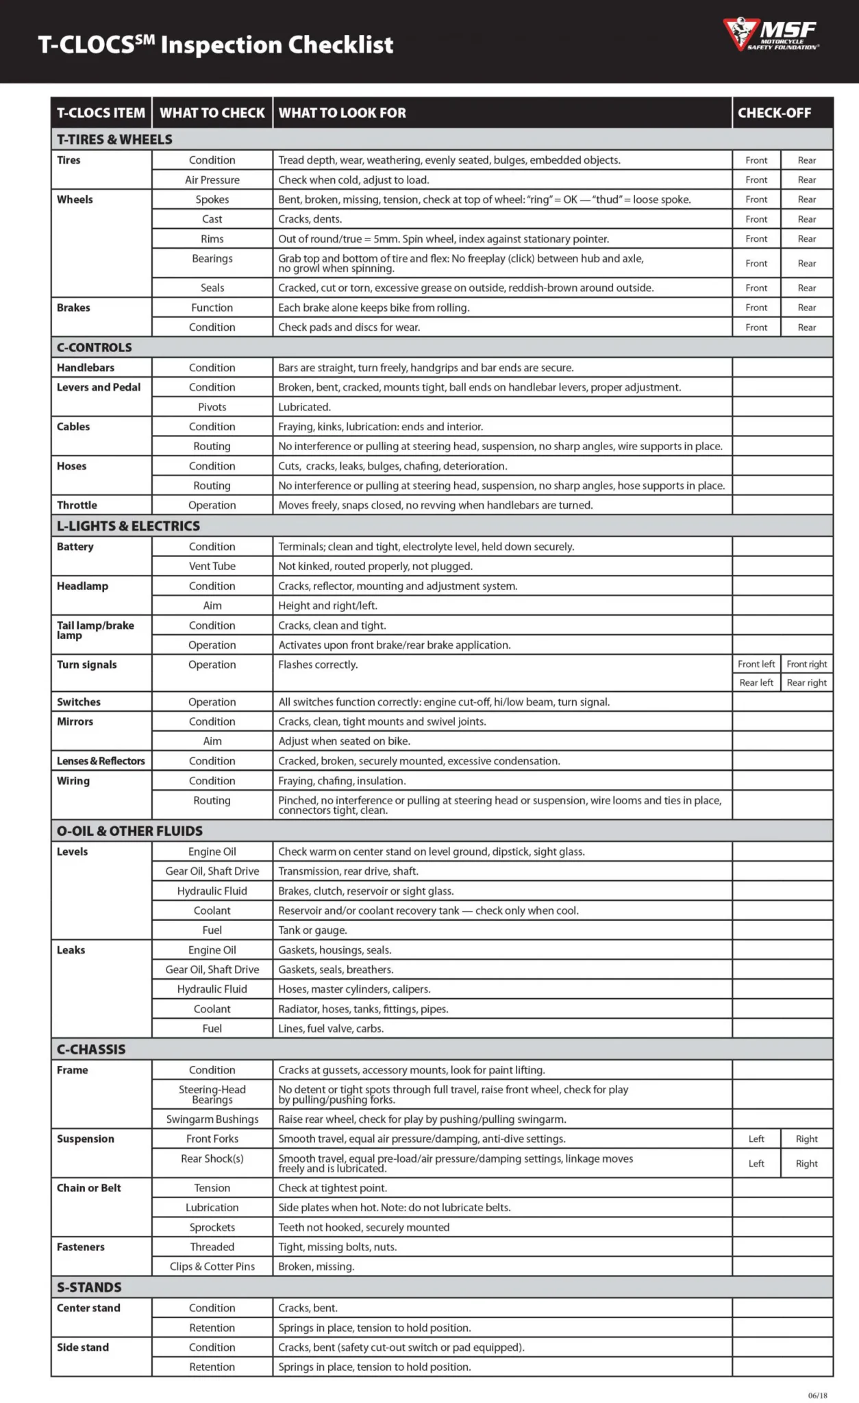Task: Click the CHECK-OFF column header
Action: coord(774,113)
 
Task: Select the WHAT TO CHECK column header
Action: coord(212,113)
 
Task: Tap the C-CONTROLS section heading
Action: coord(95,347)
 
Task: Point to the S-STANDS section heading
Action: coord(89,1287)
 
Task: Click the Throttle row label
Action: coord(77,505)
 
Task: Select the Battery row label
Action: coord(75,547)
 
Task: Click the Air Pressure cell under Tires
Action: coord(212,179)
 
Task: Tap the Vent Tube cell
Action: coord(212,566)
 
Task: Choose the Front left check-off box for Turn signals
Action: coord(756,664)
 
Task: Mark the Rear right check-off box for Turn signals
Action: coord(807,682)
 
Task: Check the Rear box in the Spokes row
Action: coord(807,199)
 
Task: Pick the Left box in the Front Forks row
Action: coord(756,1139)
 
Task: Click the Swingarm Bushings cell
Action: coord(212,1119)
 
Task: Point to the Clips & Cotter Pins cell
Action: coord(212,1266)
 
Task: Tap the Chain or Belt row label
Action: coord(89,1188)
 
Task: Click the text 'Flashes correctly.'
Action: coord(318,665)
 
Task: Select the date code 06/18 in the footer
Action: coord(817,1395)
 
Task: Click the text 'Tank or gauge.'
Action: coord(312,930)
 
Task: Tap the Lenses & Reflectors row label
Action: coord(101,760)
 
